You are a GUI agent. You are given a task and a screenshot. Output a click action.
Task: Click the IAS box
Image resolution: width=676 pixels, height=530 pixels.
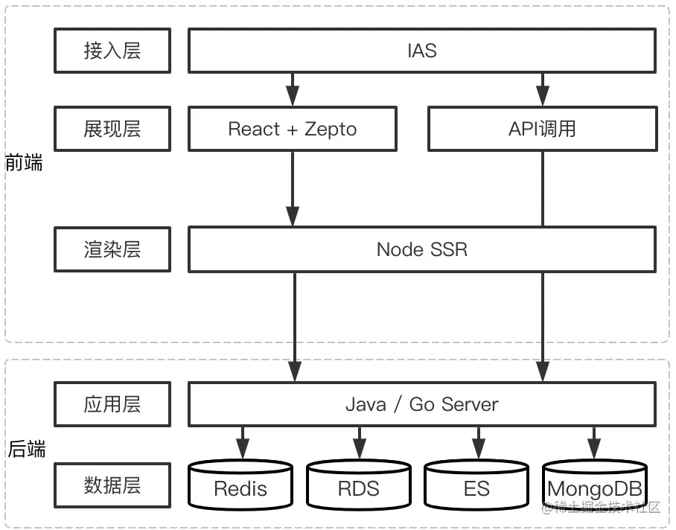[x=422, y=51]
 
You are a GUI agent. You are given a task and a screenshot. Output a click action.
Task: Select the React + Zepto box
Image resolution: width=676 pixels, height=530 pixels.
[x=293, y=129]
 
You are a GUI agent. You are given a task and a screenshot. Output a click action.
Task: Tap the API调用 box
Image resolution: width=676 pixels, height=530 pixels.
[x=542, y=129]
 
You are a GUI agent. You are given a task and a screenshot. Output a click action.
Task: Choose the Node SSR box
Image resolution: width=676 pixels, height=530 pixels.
[x=422, y=249]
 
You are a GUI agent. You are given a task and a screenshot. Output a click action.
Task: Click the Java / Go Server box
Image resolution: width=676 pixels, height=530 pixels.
[x=422, y=404]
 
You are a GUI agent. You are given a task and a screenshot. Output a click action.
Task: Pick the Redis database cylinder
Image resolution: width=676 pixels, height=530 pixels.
[x=240, y=485]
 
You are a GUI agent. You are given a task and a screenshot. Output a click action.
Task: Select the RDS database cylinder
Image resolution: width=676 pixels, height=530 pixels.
[x=359, y=485]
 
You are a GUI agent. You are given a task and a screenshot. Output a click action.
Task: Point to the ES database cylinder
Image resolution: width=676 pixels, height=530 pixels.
[x=476, y=485]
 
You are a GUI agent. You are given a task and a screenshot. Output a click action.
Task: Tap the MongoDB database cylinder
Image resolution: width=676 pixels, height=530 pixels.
[x=595, y=485]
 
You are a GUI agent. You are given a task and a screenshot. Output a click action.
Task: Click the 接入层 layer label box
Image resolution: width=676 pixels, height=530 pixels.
[x=112, y=51]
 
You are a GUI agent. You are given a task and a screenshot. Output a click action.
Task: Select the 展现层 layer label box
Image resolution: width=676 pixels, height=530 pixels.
[x=112, y=129]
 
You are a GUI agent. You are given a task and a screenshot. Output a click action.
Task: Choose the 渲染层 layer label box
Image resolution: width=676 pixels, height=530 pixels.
[x=112, y=249]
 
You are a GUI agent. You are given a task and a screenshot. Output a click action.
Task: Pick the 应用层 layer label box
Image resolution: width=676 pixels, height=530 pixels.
[x=112, y=404]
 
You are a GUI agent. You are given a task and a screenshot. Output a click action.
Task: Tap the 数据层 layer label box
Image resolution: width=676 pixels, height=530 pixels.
[x=112, y=485]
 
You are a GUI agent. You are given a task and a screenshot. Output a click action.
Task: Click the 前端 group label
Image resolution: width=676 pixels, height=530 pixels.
[x=24, y=163]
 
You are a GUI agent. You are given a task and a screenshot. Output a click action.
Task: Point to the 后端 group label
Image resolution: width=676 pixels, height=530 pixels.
[x=27, y=449]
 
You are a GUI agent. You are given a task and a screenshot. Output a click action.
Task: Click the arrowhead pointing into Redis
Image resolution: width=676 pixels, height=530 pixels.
[x=243, y=449]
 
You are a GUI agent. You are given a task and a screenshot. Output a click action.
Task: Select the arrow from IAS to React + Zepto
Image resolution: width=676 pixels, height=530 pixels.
[x=293, y=89]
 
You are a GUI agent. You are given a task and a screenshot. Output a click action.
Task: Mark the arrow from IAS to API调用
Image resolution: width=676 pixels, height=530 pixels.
[x=542, y=89]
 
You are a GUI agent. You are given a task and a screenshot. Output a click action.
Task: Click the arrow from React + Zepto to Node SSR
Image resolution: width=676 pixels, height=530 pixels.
[x=293, y=189]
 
